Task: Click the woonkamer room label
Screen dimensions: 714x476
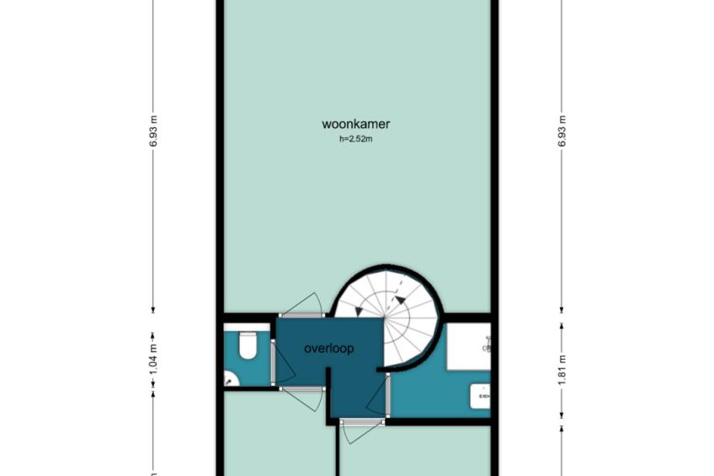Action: coord(355,124)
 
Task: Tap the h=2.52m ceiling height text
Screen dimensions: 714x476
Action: coord(355,139)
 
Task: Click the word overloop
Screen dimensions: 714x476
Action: coord(328,349)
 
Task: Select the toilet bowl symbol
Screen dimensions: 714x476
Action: coord(248,345)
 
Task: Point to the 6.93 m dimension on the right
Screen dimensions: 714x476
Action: coord(562,131)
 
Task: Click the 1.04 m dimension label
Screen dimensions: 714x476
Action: coord(153,360)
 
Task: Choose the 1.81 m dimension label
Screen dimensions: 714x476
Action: coord(562,369)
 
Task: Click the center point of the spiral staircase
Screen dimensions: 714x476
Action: coord(385,317)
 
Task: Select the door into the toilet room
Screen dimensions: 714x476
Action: coord(283,365)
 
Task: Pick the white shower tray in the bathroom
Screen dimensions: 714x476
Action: coord(468,346)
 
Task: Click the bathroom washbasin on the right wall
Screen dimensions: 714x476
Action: coord(481,396)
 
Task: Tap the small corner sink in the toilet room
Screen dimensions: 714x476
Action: coord(231,378)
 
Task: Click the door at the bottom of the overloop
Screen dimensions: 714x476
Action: coord(362,431)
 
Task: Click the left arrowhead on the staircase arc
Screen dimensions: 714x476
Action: coord(359,312)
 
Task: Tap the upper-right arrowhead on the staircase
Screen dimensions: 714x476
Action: coord(400,300)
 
